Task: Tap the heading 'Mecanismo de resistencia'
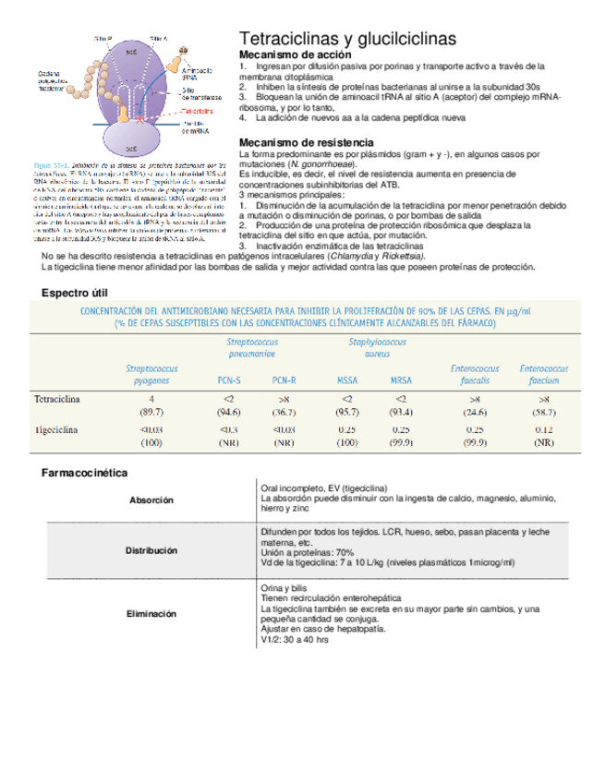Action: [x=306, y=142]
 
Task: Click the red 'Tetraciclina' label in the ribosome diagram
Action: [x=199, y=109]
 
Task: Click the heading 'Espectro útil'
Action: [x=76, y=293]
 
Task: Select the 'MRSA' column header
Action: [x=401, y=379]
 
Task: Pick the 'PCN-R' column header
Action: [x=284, y=379]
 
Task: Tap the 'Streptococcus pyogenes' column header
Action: [x=151, y=374]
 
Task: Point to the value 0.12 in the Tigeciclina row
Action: [x=544, y=430]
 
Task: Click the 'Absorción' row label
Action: [x=151, y=500]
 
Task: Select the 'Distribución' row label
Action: [x=151, y=550]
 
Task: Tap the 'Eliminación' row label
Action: [x=151, y=613]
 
